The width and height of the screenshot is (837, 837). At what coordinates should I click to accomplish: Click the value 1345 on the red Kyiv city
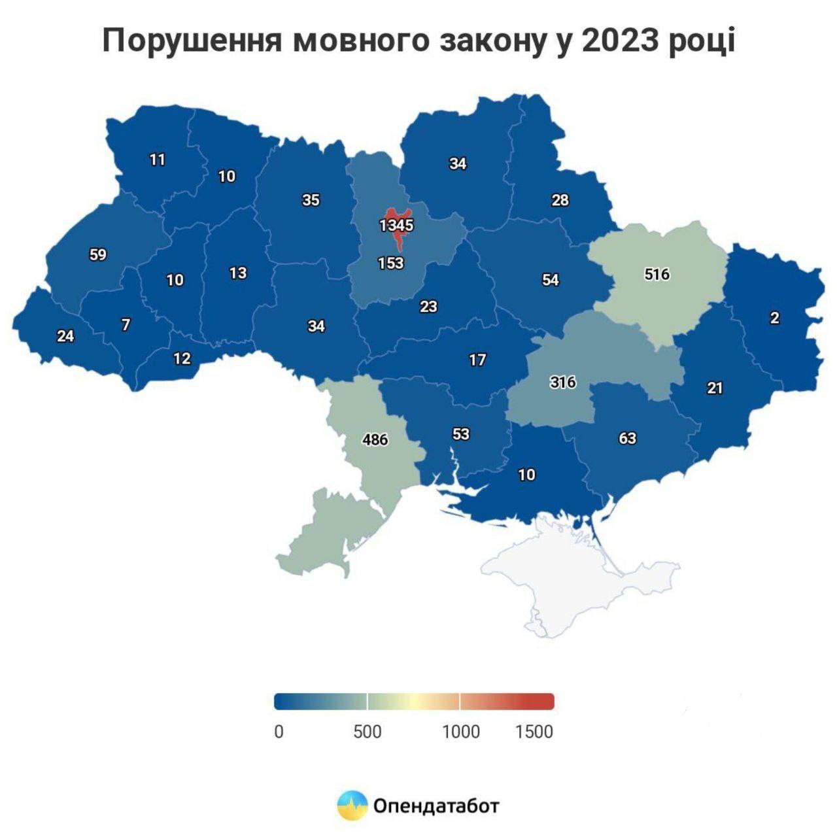click(x=396, y=226)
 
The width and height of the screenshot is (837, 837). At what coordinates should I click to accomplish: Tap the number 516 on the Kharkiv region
click(x=657, y=274)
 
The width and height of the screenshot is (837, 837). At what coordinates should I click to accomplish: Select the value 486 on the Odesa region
click(x=375, y=439)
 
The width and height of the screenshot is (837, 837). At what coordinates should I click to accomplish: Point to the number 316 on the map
click(x=562, y=381)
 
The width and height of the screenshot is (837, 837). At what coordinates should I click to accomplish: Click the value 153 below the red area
click(x=391, y=263)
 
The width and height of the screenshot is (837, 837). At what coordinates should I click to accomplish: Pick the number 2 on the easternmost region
click(x=775, y=318)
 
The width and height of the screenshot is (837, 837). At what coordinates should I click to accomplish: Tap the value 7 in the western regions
click(x=126, y=324)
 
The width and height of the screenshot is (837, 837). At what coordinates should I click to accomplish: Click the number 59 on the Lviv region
click(x=98, y=254)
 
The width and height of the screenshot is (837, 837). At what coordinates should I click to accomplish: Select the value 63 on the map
click(x=627, y=437)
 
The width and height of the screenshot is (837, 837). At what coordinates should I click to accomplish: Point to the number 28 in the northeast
click(x=560, y=200)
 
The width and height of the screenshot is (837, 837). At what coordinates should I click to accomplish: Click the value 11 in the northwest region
click(x=158, y=160)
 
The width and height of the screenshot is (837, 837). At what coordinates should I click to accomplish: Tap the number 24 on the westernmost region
click(x=65, y=336)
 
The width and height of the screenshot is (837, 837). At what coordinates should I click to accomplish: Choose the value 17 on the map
click(x=477, y=360)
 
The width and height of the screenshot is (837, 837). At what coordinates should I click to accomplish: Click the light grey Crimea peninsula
click(x=575, y=575)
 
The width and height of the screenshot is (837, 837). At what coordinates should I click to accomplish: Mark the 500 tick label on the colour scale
click(x=367, y=732)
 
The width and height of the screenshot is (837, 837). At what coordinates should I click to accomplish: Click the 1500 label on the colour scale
click(x=534, y=732)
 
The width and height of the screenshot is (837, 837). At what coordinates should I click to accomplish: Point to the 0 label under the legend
click(x=279, y=732)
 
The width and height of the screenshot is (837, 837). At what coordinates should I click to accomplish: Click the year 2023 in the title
click(x=621, y=41)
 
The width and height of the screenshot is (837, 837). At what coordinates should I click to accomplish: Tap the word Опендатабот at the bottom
click(x=436, y=805)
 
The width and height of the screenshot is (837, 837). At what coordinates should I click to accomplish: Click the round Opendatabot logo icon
click(x=352, y=805)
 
